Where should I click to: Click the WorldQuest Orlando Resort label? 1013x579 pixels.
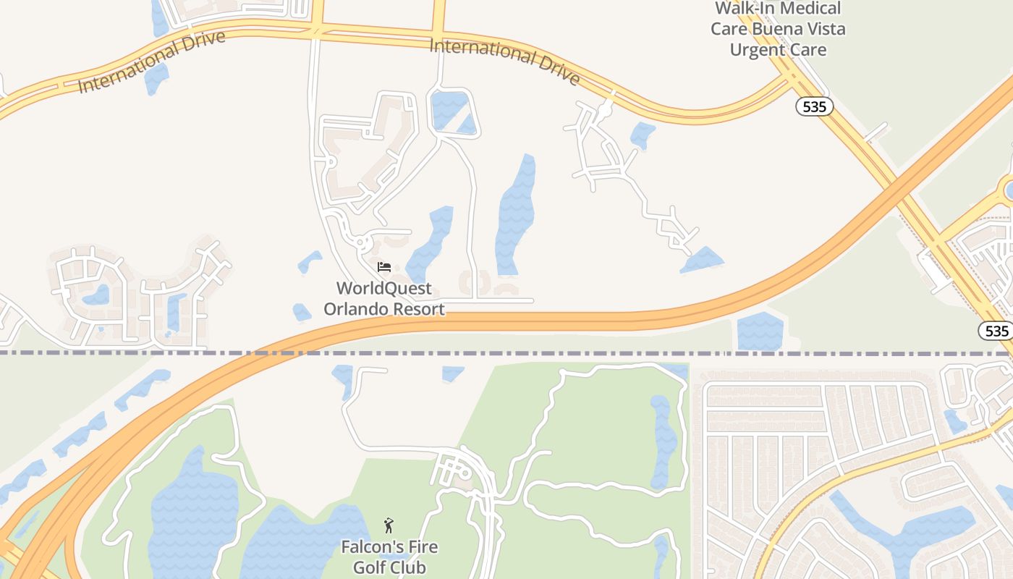point(383,298)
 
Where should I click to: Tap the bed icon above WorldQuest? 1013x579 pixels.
point(384,267)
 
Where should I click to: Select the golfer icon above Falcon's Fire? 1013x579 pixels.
point(389,525)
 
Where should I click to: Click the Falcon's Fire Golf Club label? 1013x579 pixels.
point(389,557)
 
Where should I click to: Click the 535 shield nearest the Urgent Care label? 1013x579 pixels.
point(815,107)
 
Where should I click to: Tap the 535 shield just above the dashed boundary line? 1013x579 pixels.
point(996,331)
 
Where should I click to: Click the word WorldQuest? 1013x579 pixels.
point(384,288)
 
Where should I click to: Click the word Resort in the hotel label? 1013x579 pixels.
point(419,309)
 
